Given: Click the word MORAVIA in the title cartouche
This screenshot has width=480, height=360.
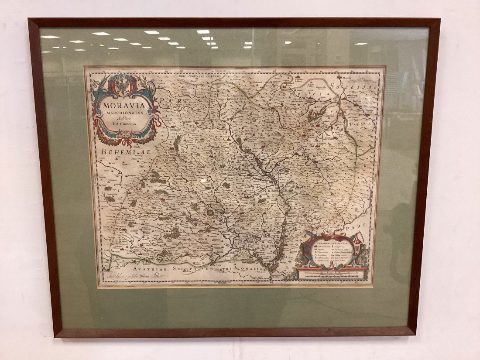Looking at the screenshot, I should point(124,105).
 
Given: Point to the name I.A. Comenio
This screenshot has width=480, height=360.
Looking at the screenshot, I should point(124,124).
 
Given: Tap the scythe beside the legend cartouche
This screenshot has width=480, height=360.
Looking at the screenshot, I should point(357,238).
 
